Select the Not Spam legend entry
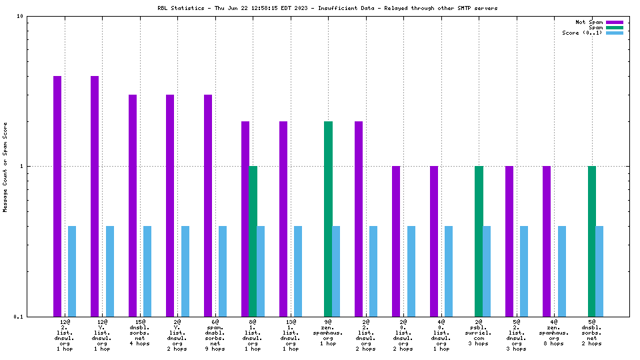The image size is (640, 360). click(x=589, y=22)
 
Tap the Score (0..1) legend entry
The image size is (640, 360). click(x=583, y=33)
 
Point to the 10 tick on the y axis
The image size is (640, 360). click(x=20, y=16)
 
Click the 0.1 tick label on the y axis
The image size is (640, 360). click(x=19, y=317)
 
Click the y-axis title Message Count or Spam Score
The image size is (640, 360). click(x=5, y=167)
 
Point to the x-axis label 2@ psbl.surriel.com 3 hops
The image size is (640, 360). click(x=479, y=335)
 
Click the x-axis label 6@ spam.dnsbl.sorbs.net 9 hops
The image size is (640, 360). click(x=215, y=335)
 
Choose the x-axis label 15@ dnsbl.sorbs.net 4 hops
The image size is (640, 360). click(x=140, y=333)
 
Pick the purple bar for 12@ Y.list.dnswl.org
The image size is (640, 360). click(x=95, y=196)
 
